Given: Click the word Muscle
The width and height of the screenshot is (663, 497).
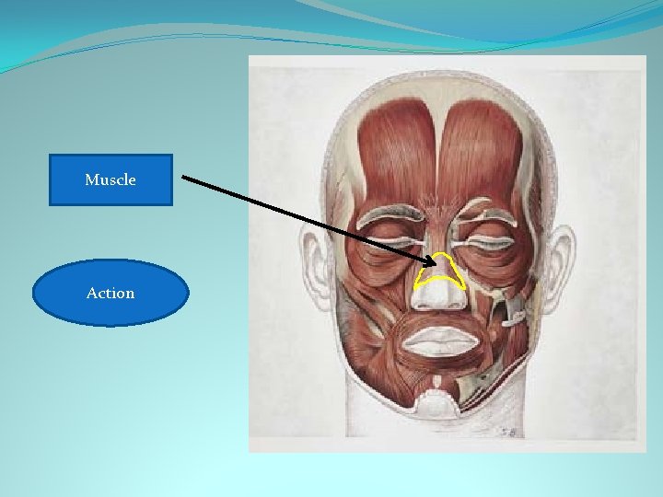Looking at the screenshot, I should pyautogui.click(x=110, y=180).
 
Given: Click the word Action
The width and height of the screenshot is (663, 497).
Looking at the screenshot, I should pyautogui.click(x=110, y=293).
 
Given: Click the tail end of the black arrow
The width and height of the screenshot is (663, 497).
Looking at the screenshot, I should pyautogui.click(x=183, y=177).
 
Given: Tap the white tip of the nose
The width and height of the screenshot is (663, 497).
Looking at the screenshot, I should pyautogui.click(x=440, y=296).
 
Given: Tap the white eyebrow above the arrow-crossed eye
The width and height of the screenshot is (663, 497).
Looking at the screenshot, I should pyautogui.click(x=387, y=217).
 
